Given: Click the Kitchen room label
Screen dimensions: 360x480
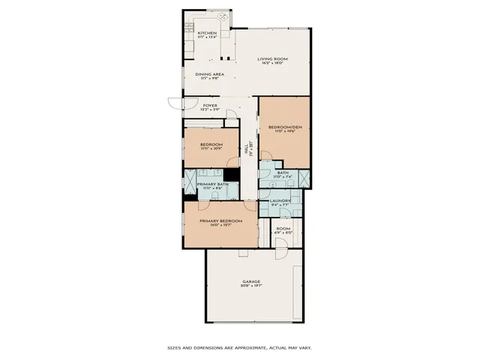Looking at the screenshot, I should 207,33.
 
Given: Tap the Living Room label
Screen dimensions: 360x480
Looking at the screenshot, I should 273,59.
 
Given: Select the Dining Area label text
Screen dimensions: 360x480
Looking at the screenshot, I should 210,74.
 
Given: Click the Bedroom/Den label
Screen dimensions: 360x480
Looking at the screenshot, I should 283,127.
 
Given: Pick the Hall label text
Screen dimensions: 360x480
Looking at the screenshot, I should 247,149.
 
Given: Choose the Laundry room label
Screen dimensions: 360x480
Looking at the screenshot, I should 280,200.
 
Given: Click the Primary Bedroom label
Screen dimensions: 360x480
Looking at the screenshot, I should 220,220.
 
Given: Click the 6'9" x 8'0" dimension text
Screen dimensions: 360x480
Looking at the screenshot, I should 283,233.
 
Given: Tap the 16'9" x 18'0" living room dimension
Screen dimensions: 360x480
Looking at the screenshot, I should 273,64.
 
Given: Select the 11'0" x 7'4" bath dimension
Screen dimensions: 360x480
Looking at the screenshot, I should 283,177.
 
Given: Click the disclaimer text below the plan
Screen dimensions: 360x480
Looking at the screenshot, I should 239,347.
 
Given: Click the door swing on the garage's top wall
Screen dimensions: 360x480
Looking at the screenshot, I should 280,254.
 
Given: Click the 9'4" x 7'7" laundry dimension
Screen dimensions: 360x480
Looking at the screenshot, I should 280,205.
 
